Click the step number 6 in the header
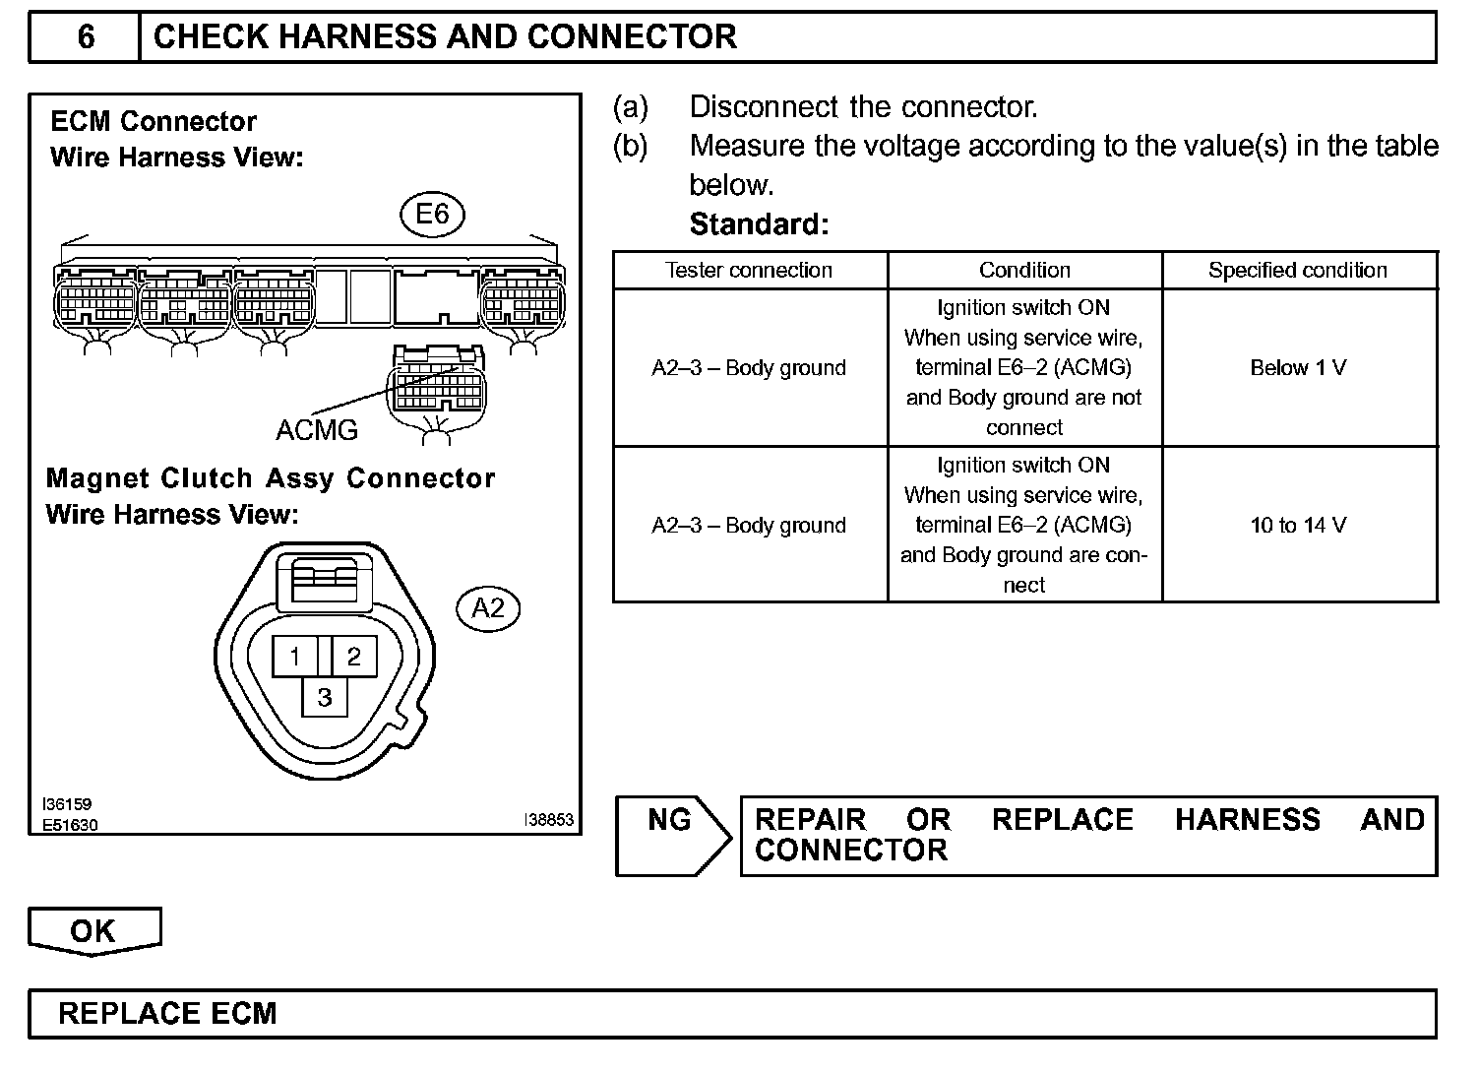coord(86,37)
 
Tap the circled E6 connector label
coord(432,215)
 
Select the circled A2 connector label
coord(488,608)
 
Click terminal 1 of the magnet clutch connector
coord(295,656)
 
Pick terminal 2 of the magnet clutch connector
coord(354,656)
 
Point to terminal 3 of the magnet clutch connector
coord(325,698)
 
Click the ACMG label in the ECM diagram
coord(317,430)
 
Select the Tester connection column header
coord(749,271)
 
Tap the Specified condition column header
coord(1298,271)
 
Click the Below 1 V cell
coord(1298,368)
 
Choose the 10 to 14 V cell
coord(1298,526)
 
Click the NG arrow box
coord(671,835)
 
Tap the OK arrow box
coord(93,931)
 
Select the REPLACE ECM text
coord(167,1014)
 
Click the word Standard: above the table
coord(759,224)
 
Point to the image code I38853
coord(548,819)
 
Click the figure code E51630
coord(70,825)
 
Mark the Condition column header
coord(1024,271)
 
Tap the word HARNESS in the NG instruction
coord(1247,820)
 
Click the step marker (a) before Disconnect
coord(631,106)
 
